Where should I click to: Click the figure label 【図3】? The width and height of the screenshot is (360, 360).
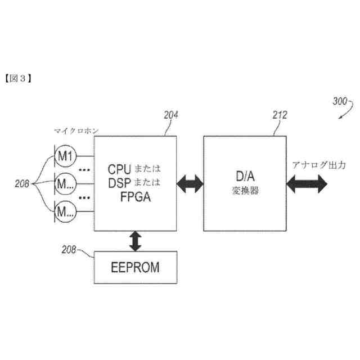pos(18,79)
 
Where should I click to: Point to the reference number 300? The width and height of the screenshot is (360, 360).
pos(340,101)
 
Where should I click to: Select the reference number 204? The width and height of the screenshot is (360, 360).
pos(171,115)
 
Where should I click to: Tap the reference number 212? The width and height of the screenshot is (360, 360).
pos(280,115)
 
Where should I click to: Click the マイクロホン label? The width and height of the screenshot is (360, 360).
pos(76,131)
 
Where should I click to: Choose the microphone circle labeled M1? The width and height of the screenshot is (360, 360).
pos(65,156)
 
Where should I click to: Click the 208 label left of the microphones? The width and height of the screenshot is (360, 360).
pos(22,184)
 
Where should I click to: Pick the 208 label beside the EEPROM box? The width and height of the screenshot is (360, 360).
pos(69,250)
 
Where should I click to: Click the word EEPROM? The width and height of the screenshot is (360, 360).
pos(135,268)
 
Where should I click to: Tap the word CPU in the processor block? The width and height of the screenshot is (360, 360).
pos(119,169)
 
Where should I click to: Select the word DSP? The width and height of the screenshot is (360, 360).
pos(119,183)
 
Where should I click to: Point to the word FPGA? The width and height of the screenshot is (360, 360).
pos(136,197)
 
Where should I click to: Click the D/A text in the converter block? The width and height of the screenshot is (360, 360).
pos(245,176)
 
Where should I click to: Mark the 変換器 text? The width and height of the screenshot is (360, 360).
pos(245,191)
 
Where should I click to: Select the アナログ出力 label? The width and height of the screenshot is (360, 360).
pos(319,165)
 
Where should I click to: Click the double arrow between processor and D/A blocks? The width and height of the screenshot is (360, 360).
pos(190,184)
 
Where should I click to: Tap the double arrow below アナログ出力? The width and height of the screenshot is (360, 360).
pos(307,184)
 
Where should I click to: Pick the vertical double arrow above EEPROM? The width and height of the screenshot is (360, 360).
pos(136,241)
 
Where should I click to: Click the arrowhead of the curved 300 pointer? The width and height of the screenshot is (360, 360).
pos(340,118)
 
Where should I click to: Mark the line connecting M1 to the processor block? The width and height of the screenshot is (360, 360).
pos(85,156)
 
